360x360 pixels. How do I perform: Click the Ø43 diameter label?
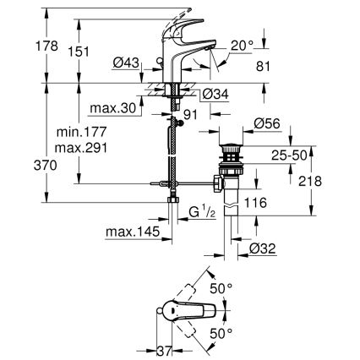click(x=124, y=63)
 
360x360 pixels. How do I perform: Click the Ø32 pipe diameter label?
click(x=263, y=248)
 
